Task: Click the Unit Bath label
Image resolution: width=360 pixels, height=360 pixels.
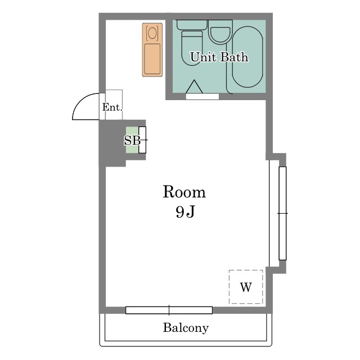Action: (219, 57)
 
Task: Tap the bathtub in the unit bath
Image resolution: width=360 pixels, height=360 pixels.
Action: (247, 57)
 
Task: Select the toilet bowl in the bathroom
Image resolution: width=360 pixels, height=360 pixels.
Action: (192, 48)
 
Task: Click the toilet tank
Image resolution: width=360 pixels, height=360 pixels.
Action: (192, 25)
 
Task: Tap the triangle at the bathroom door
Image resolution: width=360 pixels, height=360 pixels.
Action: (194, 87)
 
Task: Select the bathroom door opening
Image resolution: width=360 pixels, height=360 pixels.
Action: (202, 97)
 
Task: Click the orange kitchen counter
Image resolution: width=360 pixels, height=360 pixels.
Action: (152, 49)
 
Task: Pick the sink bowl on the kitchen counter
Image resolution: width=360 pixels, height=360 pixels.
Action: (152, 33)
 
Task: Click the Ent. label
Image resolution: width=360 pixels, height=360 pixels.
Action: (112, 107)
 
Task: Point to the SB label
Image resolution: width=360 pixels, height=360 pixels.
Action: (132, 140)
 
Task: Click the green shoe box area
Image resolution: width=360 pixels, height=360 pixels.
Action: (132, 140)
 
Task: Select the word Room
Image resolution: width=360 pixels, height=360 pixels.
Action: (184, 192)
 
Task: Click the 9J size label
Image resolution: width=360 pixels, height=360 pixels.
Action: (185, 211)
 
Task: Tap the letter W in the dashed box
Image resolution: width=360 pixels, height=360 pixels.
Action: (246, 287)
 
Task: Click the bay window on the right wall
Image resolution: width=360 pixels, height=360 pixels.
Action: (282, 213)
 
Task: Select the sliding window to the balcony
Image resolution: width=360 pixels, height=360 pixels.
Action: (169, 310)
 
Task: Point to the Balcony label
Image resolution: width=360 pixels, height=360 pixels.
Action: (186, 327)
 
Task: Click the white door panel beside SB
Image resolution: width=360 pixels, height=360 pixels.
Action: (142, 140)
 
